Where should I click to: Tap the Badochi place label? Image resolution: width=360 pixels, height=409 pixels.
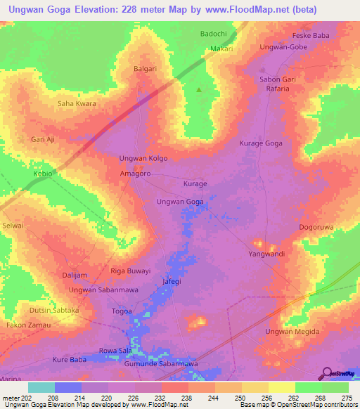point(214,33)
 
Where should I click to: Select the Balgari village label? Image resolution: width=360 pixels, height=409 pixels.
point(147,69)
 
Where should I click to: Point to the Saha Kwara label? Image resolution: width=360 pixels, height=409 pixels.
point(77,104)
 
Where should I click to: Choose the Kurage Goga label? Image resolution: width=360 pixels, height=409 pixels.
point(261,143)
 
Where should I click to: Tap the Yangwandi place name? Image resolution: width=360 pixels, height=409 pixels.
point(267,254)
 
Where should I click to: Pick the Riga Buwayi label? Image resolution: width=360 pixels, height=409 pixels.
point(131,271)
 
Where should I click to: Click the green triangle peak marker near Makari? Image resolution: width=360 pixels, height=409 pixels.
point(198,89)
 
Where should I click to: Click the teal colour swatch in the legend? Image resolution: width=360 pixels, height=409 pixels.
point(41,387)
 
